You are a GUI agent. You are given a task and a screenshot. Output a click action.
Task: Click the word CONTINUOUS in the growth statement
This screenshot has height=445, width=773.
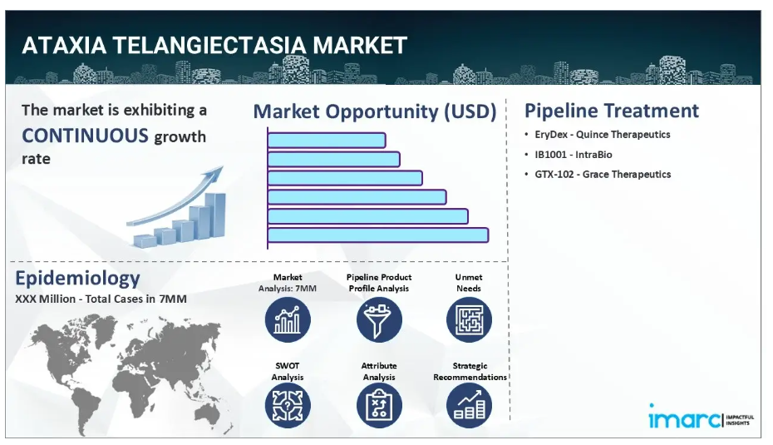[x=85, y=136]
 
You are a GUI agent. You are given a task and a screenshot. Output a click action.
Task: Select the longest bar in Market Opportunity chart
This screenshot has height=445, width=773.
[x=378, y=235]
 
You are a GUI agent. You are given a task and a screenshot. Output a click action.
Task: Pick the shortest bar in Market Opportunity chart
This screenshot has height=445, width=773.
[x=327, y=140]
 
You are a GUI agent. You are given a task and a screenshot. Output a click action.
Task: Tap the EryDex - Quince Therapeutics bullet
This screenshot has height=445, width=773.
[x=602, y=134]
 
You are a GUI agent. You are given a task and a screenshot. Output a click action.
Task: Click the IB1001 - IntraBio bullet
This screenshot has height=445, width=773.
[x=574, y=155]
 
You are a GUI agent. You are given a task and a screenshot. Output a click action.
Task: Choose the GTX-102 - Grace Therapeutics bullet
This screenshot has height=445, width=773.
[x=603, y=174]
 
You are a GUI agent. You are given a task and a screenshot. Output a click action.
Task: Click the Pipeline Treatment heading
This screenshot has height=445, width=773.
[x=611, y=111]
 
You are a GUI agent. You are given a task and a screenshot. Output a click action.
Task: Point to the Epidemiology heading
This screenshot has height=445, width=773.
[x=77, y=279]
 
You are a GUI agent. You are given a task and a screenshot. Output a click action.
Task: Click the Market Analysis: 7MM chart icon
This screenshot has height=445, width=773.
[x=288, y=319]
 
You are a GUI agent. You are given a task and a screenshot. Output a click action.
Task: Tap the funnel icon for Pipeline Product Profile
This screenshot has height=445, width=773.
[x=379, y=319]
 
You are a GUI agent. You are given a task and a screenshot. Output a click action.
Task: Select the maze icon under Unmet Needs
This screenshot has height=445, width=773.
[x=469, y=319]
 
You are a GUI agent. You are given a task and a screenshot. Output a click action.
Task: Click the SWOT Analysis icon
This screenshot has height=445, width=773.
[x=288, y=406]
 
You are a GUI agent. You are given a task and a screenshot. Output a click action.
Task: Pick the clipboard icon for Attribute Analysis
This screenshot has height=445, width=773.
[x=379, y=406]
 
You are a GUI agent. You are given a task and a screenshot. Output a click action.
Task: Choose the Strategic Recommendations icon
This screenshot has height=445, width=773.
[x=469, y=406]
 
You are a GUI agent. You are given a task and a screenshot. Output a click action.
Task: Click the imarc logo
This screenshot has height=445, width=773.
[x=701, y=418]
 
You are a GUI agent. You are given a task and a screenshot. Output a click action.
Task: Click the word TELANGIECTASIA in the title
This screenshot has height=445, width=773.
[x=209, y=46]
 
